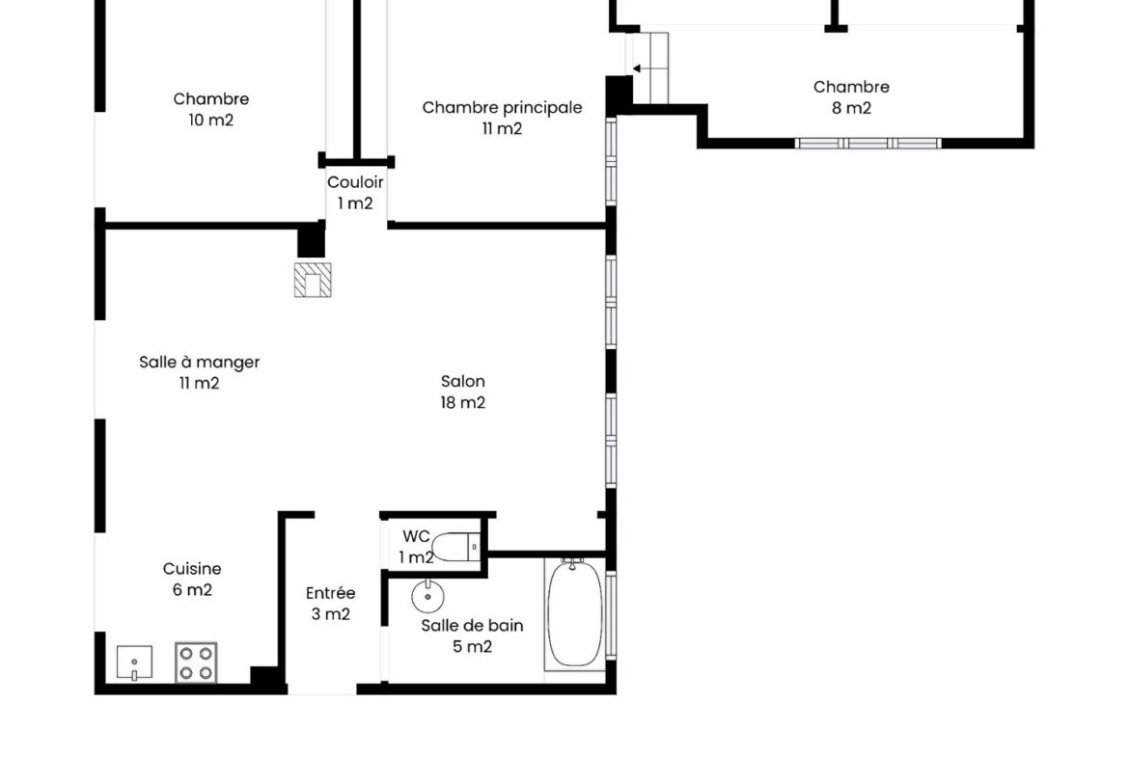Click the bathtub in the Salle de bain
pos(574,614)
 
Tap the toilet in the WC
pos(455,547)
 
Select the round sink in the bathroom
pos(427,596)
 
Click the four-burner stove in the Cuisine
pos(196,662)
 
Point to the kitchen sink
pos(135,662)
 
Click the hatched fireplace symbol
pos(313,280)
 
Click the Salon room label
pos(463,381)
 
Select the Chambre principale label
pos(502,107)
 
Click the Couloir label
pos(355,182)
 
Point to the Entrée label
pos(330,593)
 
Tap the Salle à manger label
pos(200,362)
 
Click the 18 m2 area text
pos(463,402)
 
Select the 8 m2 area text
pos(852,108)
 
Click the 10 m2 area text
pos(211,121)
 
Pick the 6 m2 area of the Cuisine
pos(192,590)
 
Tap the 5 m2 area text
pos(472,646)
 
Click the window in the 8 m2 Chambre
pos(867,143)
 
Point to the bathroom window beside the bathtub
pos(612,614)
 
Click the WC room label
pos(416,536)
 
